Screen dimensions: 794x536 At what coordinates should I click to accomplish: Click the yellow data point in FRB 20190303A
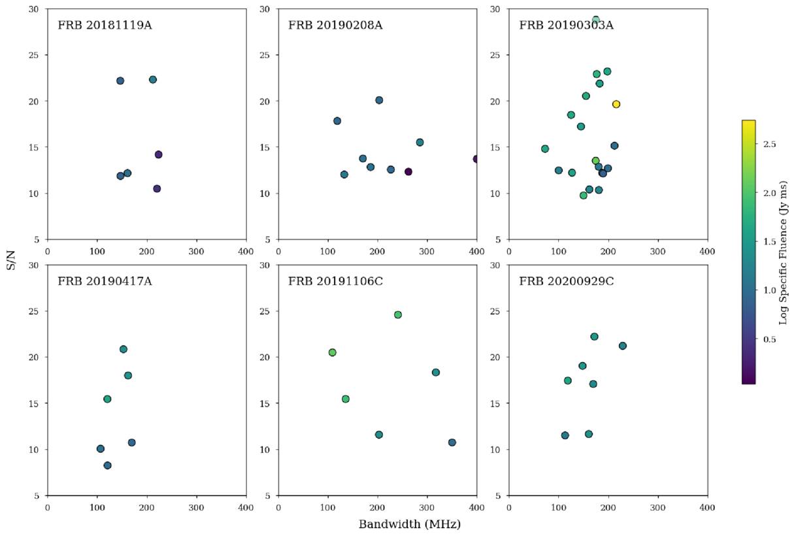(616, 104)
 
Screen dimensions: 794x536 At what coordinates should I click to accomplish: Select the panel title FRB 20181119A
(105, 25)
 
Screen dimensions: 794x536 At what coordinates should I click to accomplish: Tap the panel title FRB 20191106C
(335, 282)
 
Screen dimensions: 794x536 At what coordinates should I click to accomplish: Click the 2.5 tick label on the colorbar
(769, 144)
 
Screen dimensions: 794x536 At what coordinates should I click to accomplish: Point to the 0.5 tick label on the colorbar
(769, 340)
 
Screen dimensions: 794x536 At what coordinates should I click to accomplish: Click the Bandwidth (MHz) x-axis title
(410, 524)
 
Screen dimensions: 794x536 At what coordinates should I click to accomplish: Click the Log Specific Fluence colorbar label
(783, 253)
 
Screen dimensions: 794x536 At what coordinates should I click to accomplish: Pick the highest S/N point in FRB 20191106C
(398, 315)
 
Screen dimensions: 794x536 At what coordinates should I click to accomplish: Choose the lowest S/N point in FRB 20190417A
(107, 465)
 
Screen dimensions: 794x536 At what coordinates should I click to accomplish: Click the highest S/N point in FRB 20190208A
(379, 100)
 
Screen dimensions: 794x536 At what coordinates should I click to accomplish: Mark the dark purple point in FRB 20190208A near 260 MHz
(408, 172)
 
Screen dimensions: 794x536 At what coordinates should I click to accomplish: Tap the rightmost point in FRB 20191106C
(452, 443)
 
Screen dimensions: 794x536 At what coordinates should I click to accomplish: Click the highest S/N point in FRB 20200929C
(595, 337)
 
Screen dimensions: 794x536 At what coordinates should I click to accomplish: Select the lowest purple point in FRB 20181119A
(157, 189)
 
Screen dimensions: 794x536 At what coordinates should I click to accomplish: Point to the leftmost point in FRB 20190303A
(545, 149)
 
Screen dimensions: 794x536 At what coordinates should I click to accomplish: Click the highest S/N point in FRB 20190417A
(124, 349)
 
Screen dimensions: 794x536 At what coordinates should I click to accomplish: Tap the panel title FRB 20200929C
(567, 282)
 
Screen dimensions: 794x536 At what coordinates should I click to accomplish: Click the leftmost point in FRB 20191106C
(332, 352)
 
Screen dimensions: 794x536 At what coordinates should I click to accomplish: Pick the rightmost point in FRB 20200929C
(622, 346)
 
